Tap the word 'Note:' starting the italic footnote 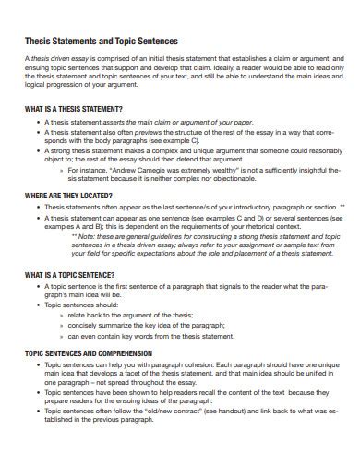point(86,235)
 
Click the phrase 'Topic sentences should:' point(81,304)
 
